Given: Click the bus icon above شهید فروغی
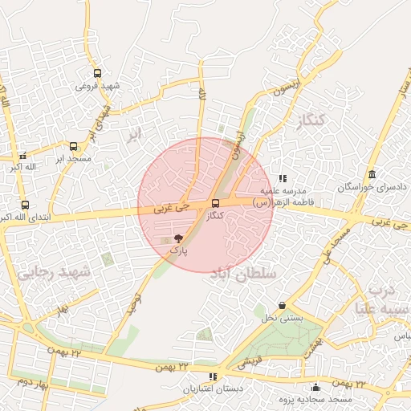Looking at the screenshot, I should (97, 73).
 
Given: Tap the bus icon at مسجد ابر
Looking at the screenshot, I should (74, 147).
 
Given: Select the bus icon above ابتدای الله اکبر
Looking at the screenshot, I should (24, 205).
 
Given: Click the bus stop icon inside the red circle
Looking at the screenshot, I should (214, 204).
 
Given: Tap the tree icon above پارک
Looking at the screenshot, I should (178, 238).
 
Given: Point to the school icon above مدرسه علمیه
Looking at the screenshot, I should (282, 178).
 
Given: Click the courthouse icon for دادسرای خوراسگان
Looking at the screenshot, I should (372, 175).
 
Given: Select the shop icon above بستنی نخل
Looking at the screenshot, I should (282, 306).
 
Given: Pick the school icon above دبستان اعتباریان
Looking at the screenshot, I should (212, 376).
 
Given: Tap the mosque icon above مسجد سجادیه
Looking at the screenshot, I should (317, 387).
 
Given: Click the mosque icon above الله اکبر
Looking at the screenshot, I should (22, 155).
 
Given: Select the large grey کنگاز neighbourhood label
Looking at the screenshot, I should (309, 121).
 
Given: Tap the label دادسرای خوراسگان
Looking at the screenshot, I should (372, 187).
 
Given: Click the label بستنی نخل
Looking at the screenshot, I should (283, 318).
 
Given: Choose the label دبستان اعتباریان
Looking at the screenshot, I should (211, 389).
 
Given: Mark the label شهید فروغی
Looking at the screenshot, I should (98, 85).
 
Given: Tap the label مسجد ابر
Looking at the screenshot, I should (74, 159).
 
